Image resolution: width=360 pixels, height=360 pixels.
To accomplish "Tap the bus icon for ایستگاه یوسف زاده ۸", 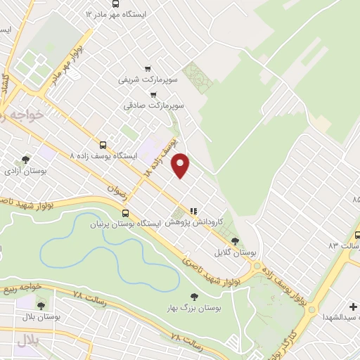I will (103, 144).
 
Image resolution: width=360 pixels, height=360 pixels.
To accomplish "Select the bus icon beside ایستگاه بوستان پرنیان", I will (125, 213).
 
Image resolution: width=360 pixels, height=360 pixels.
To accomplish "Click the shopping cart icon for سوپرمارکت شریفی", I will (147, 68).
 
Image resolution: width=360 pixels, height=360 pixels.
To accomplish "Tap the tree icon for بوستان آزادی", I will (26, 160).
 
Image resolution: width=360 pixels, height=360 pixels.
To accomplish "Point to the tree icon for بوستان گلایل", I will (245, 241).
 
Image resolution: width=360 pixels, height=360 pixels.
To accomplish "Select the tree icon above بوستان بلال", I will (41, 306).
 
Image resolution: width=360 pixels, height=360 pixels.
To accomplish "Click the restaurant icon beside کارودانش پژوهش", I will (193, 210).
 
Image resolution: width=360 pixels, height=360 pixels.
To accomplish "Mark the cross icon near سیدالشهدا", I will (354, 306).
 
